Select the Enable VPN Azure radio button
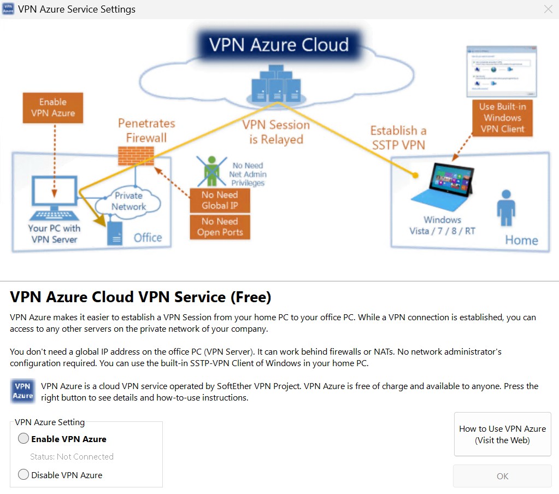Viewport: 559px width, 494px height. tap(23, 439)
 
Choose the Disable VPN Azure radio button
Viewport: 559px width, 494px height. tap(23, 475)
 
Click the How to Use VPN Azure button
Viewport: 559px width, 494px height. tap(502, 434)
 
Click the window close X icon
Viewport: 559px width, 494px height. tap(548, 9)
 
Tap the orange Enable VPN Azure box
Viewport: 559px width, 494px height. tap(53, 108)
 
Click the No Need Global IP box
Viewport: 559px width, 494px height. tap(219, 200)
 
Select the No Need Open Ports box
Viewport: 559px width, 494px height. tap(219, 227)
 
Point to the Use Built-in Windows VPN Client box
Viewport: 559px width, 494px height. tap(502, 117)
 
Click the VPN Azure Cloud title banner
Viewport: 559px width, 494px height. tap(279, 44)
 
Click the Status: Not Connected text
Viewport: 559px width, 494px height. tap(72, 457)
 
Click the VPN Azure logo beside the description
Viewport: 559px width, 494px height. tap(23, 391)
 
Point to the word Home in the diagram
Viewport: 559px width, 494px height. tap(521, 240)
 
